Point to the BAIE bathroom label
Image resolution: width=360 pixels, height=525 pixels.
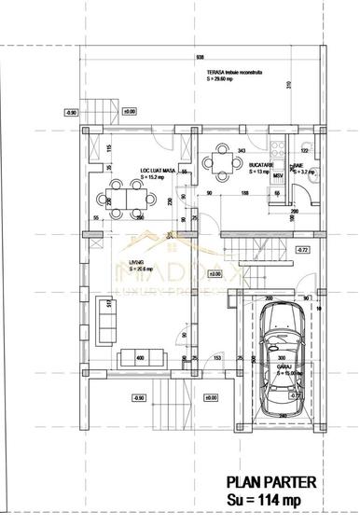pyautogui.click(x=299, y=165)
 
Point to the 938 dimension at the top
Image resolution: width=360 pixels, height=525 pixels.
pyautogui.click(x=200, y=54)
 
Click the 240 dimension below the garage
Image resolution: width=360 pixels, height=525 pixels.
pyautogui.click(x=282, y=416)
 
